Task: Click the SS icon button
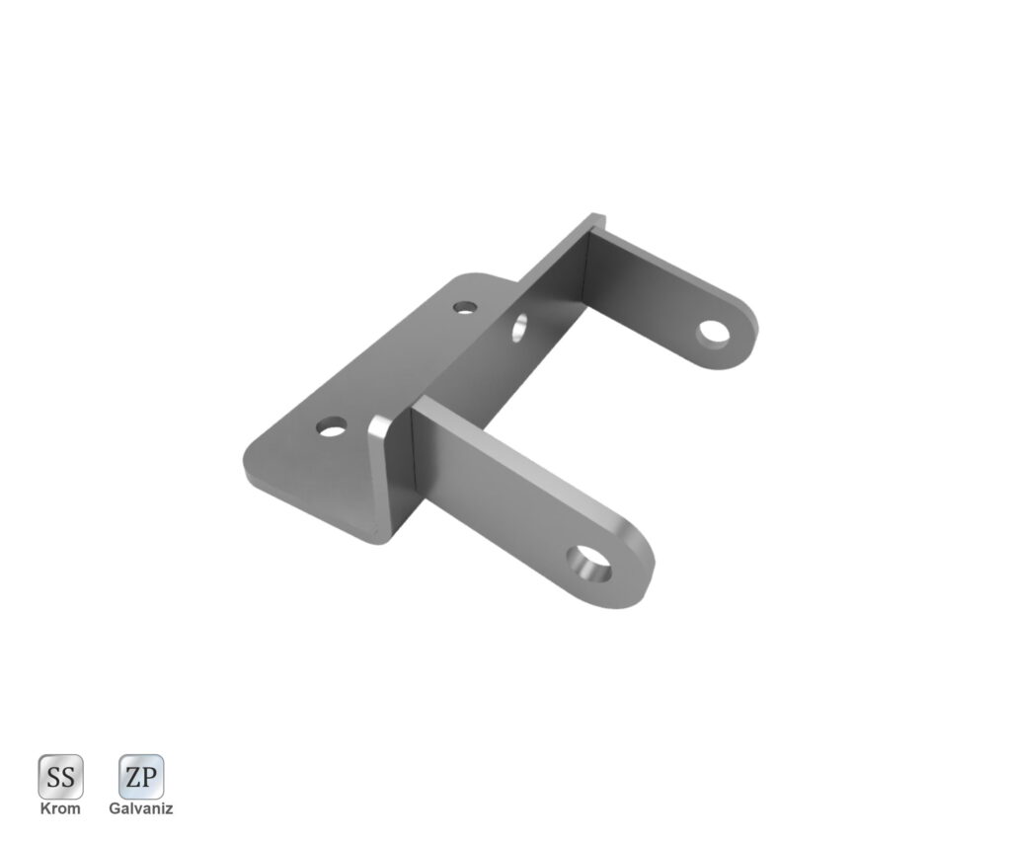point(60,776)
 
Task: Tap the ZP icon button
point(141,776)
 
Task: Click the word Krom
point(60,808)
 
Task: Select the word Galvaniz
point(141,808)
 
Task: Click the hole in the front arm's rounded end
point(588,563)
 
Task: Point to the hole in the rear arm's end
point(714,333)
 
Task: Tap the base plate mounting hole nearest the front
point(332,426)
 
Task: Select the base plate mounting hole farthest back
point(465,307)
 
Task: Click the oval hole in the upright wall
point(519,327)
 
